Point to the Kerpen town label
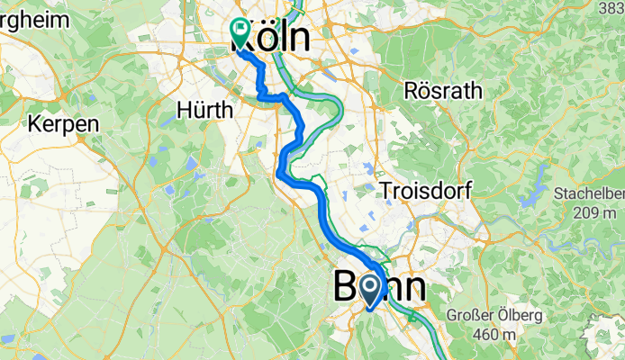[x=63, y=124]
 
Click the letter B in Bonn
[x=348, y=288]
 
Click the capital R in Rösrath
[x=412, y=91]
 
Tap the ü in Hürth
[x=199, y=110]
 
